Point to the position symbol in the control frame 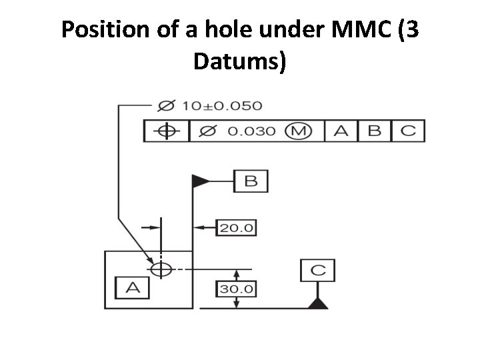click(x=167, y=131)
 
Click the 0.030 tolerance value click(x=251, y=131)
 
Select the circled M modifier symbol click(x=297, y=131)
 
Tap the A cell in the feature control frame click(x=341, y=131)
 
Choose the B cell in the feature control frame click(x=374, y=131)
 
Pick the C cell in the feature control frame click(x=407, y=131)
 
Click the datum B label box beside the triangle click(x=251, y=181)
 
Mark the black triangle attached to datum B click(x=200, y=181)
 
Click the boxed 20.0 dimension click(x=237, y=227)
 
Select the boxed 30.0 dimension click(x=237, y=289)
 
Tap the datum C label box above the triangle click(x=318, y=270)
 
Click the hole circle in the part click(x=161, y=269)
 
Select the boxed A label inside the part click(x=133, y=287)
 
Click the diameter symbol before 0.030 click(x=208, y=131)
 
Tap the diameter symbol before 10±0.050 click(x=167, y=105)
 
